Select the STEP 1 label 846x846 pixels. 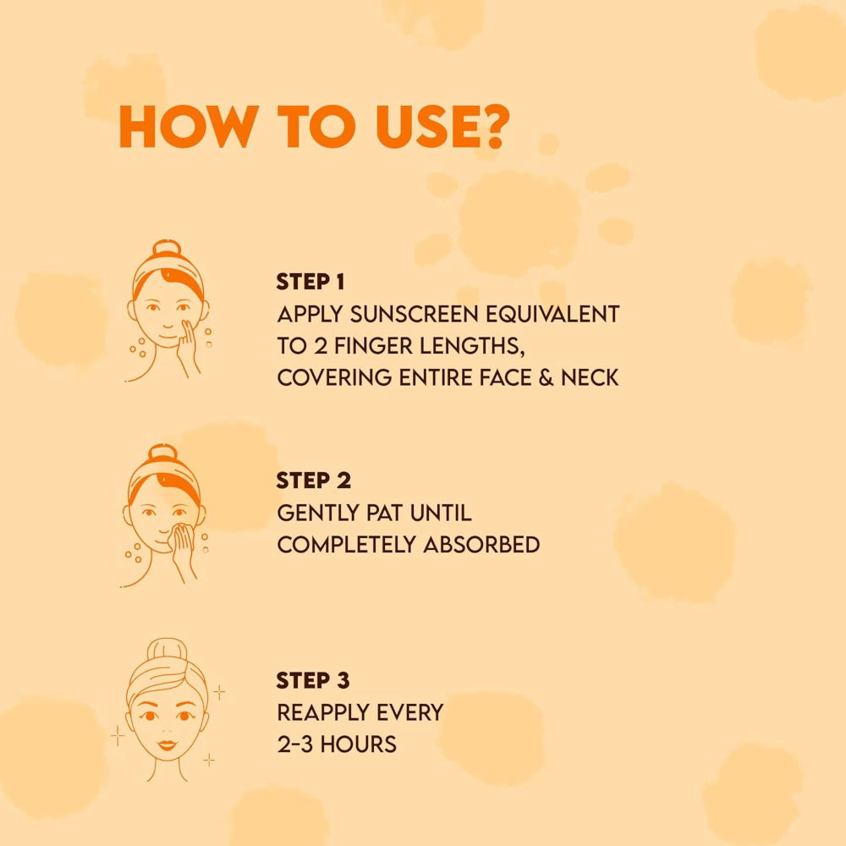(310, 283)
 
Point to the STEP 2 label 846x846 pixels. (312, 481)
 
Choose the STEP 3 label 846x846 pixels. (312, 680)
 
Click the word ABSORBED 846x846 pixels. (481, 545)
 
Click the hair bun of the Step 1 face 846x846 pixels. (167, 251)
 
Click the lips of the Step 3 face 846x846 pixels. (167, 745)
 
